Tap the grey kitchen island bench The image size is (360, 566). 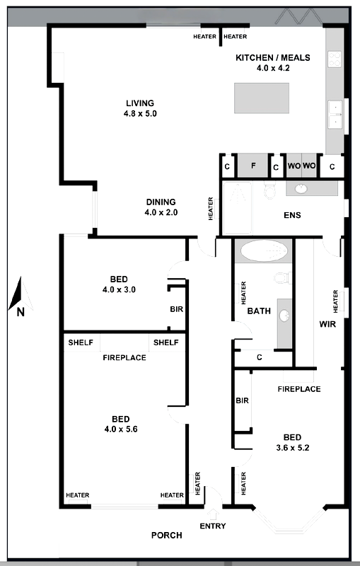262,98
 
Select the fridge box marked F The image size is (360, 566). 252,166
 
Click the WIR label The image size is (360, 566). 327,325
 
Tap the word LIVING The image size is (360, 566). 140,103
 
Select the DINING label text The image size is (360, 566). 161,202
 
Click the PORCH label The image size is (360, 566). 167,536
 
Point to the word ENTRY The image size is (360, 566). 213,526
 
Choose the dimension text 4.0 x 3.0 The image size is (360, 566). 119,289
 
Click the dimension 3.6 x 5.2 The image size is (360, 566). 293,447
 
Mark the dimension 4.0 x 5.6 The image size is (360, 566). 119,429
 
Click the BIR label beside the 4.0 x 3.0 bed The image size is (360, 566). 177,309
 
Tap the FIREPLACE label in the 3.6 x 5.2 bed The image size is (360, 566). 298,389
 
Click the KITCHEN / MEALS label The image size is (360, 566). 273,59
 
